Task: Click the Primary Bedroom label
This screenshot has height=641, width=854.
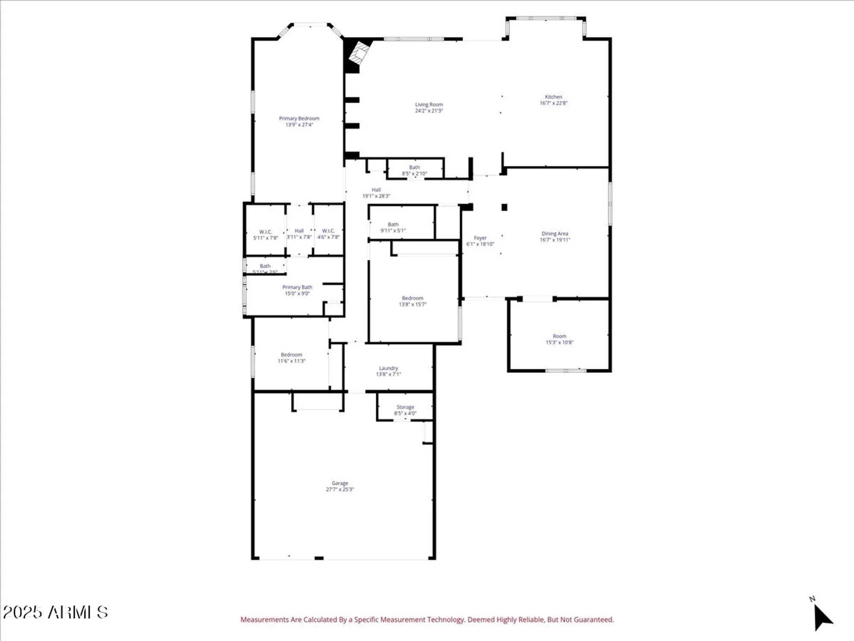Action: [299, 118]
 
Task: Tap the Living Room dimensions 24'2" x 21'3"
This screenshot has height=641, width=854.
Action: [429, 111]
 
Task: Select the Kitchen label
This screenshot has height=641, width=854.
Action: [553, 97]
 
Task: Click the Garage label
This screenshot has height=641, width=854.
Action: [340, 483]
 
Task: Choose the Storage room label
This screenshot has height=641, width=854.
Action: [405, 407]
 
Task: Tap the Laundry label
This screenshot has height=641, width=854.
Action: [388, 368]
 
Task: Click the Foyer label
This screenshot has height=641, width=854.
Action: [480, 238]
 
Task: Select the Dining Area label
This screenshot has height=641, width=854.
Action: [555, 234]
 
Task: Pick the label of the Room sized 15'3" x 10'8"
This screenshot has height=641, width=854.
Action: [559, 336]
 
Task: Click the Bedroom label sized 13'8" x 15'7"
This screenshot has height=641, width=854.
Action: [412, 298]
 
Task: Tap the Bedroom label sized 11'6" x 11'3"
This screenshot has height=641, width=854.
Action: [291, 355]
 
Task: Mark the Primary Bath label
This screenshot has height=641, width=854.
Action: [297, 287]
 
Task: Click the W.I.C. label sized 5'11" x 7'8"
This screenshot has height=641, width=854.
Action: [266, 232]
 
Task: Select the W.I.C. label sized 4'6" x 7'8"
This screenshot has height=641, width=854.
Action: [328, 231]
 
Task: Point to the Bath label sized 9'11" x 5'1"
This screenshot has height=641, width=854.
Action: [393, 224]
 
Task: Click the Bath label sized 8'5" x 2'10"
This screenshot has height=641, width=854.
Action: [414, 168]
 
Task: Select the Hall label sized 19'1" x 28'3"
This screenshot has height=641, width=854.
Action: [376, 190]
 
